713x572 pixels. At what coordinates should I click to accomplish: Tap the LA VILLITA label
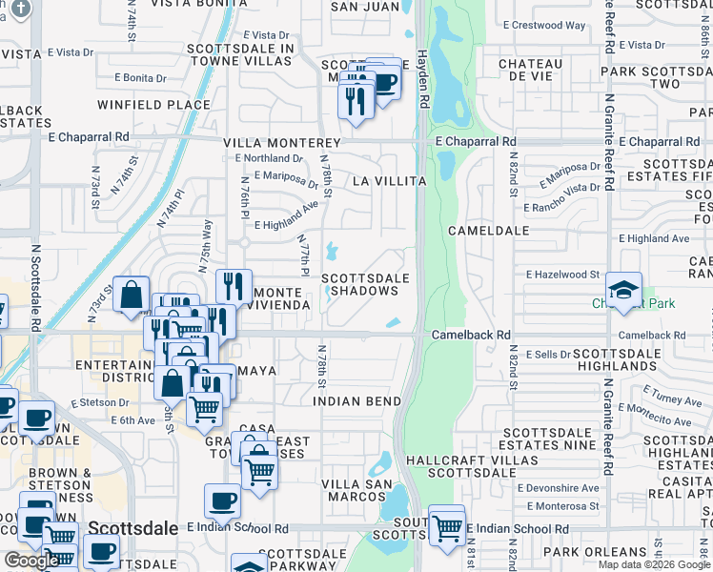coord(388,180)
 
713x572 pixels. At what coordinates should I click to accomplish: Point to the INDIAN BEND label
coord(356,401)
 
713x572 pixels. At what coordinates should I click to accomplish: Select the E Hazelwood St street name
coord(561,275)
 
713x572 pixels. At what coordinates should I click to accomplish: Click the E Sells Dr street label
coord(546,354)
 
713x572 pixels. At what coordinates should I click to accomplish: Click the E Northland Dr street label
coord(272,158)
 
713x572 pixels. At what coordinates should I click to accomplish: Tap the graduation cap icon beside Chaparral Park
coord(623,292)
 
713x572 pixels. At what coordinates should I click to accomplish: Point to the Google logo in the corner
coord(31,562)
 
